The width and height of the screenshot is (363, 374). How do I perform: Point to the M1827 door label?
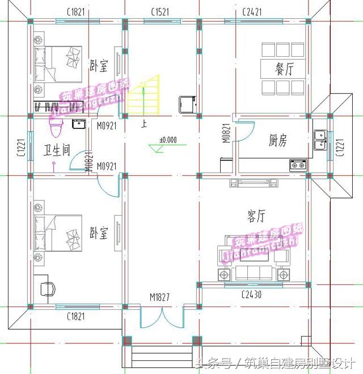160,297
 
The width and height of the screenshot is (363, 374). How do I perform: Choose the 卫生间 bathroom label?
57,150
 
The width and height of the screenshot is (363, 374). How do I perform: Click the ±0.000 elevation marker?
167,140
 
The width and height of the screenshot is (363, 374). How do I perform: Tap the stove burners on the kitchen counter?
298,165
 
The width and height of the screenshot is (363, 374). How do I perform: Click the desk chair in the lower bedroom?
48,288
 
